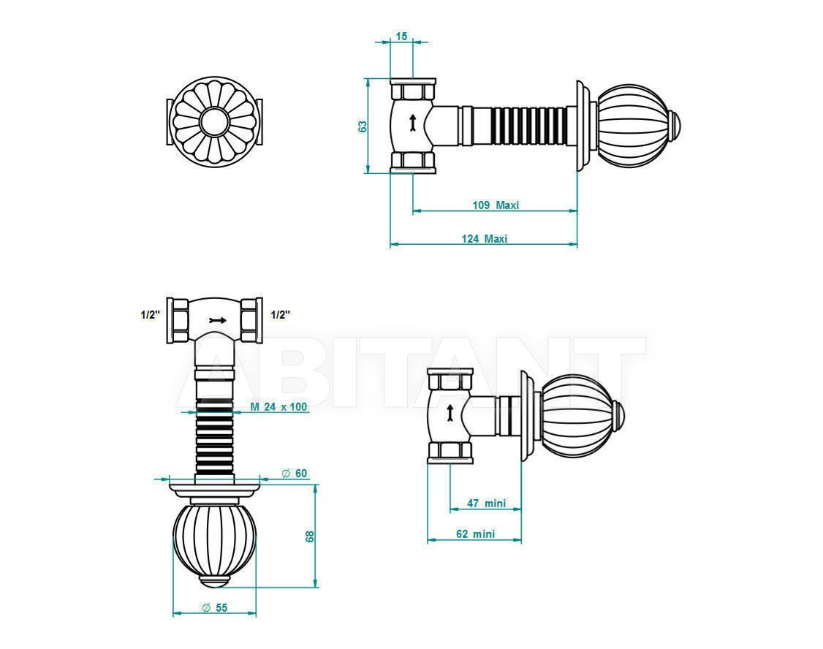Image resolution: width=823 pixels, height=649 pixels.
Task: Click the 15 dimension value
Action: (401, 37)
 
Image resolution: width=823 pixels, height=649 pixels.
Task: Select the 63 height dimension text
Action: (363, 126)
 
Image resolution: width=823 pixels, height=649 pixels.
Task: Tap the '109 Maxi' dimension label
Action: (496, 205)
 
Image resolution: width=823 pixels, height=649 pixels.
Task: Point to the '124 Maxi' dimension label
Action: (485, 239)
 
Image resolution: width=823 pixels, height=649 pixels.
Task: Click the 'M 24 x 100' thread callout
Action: (278, 406)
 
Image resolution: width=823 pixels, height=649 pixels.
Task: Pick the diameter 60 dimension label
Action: (295, 474)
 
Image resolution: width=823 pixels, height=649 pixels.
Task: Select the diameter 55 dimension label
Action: (215, 607)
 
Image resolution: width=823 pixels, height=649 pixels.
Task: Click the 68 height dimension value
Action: (310, 536)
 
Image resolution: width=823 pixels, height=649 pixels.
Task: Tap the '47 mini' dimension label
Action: (487, 503)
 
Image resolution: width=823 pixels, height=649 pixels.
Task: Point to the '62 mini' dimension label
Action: (476, 534)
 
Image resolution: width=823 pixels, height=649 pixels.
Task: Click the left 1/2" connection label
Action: (150, 315)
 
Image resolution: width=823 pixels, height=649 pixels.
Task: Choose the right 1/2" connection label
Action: (281, 315)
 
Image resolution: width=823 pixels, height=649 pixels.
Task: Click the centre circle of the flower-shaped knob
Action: (214, 121)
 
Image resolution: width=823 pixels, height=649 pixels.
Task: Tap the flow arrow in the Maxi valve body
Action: (412, 122)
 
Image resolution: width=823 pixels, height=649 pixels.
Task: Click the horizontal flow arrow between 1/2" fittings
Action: (217, 320)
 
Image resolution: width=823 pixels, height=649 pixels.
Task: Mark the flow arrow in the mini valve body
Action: (450, 412)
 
